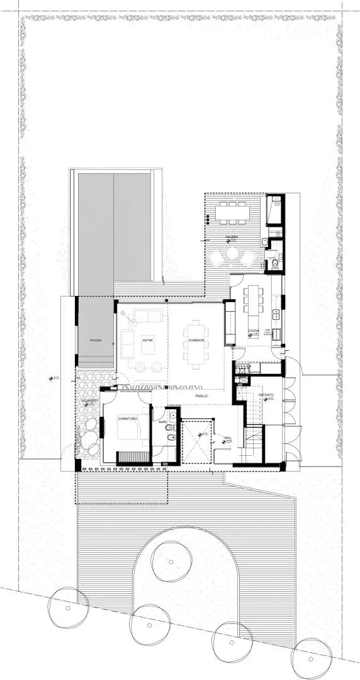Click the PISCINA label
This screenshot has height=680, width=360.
(95, 340)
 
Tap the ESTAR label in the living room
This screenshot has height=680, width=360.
(148, 341)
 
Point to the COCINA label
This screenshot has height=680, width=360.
(253, 330)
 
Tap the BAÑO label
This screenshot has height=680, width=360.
(163, 420)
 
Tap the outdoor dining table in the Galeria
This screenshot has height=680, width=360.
(232, 213)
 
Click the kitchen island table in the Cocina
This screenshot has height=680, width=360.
(253, 301)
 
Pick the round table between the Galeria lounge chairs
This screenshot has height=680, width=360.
(232, 255)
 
